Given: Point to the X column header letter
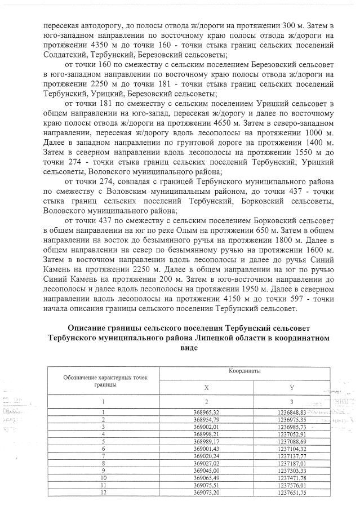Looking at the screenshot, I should tap(206, 388).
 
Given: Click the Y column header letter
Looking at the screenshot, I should tap(291, 388).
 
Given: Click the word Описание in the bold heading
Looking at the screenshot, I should tap(89, 327).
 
